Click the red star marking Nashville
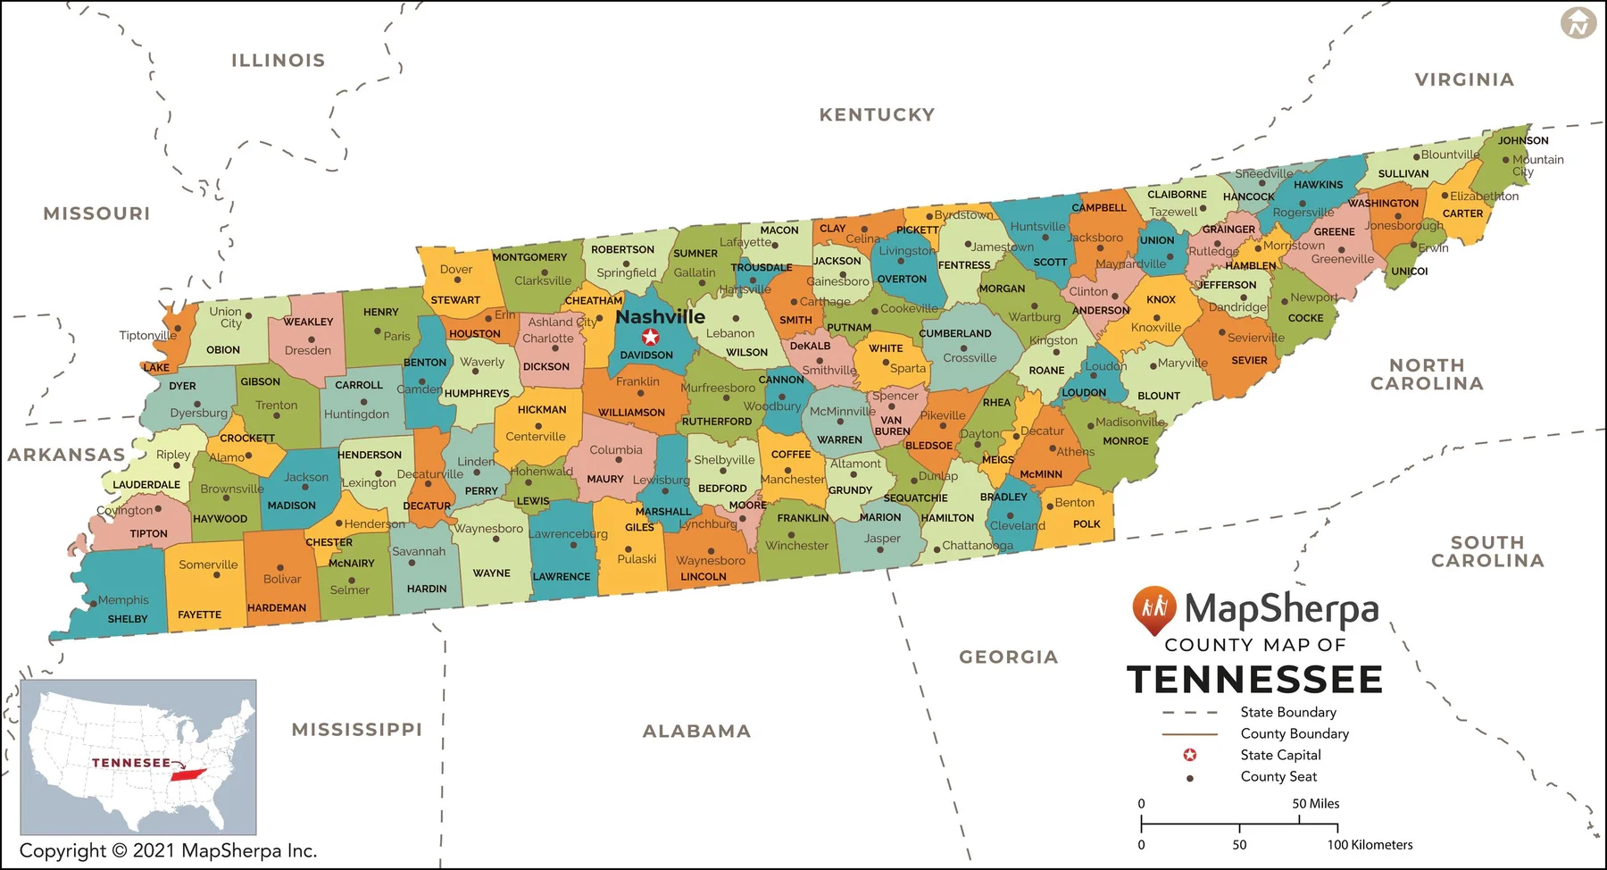(651, 337)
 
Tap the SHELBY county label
(128, 619)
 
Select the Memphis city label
(123, 600)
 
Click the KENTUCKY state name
(877, 114)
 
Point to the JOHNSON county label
(1523, 140)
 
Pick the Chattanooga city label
(978, 545)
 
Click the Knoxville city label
(1156, 328)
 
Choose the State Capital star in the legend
(1189, 755)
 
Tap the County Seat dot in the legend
(1189, 778)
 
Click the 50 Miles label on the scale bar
(1315, 804)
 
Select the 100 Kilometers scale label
(1370, 845)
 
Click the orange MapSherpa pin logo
(1153, 609)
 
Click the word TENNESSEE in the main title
(1254, 680)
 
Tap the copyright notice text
(168, 850)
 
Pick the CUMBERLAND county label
(955, 333)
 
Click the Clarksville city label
(543, 280)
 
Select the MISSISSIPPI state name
(356, 730)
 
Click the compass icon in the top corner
(1578, 23)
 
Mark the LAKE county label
(156, 367)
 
